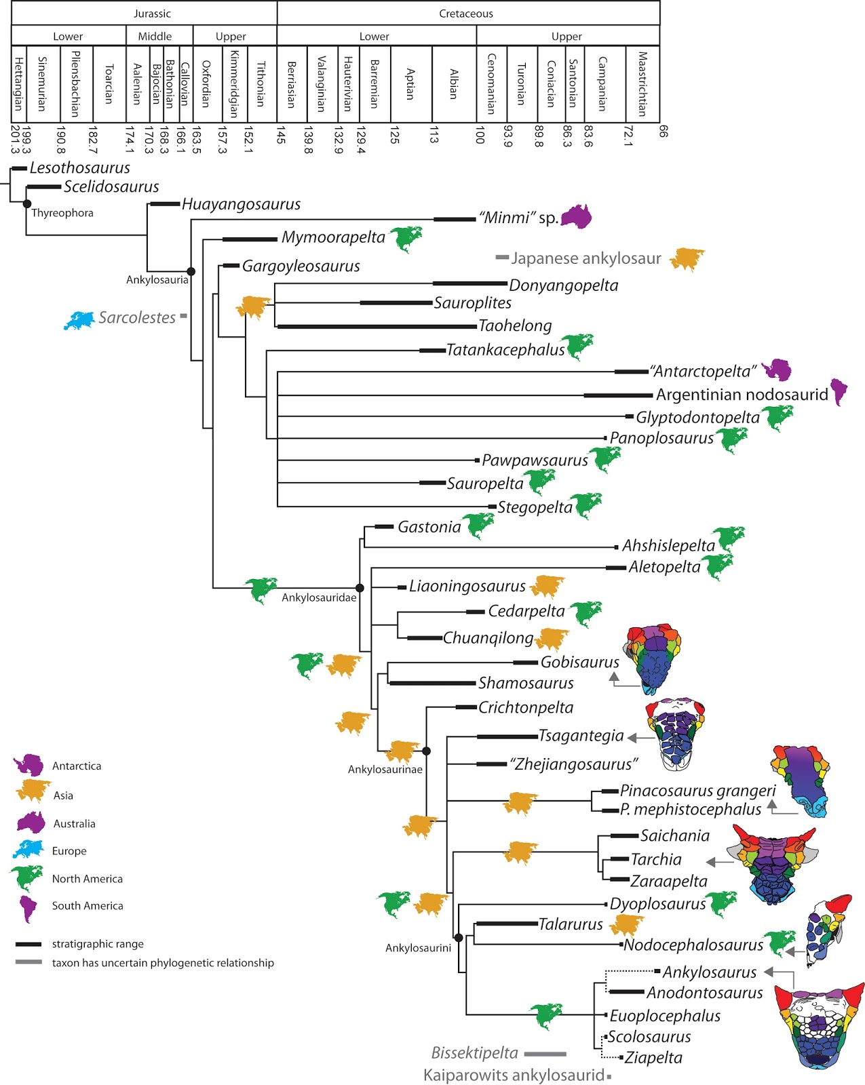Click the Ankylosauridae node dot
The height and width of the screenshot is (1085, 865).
point(360,588)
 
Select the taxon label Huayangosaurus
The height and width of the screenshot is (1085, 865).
point(241,204)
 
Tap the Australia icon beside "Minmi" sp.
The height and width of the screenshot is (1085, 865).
point(576,216)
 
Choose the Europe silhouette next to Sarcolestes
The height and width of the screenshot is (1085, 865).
point(79,320)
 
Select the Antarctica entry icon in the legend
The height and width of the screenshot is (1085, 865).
point(28,766)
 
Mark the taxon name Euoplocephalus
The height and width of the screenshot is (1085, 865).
point(665,1016)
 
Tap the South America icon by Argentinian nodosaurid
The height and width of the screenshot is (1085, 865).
point(839,391)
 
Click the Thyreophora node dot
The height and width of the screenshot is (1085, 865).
point(27,203)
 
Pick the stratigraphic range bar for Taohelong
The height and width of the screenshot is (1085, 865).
point(377,327)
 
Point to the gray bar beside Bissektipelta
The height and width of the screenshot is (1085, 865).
point(545,1054)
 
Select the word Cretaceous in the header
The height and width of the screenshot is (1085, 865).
point(466,14)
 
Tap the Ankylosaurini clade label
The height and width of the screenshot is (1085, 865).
point(418,948)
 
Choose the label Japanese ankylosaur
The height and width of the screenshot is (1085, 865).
point(585,258)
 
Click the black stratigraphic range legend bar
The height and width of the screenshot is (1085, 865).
point(28,944)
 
